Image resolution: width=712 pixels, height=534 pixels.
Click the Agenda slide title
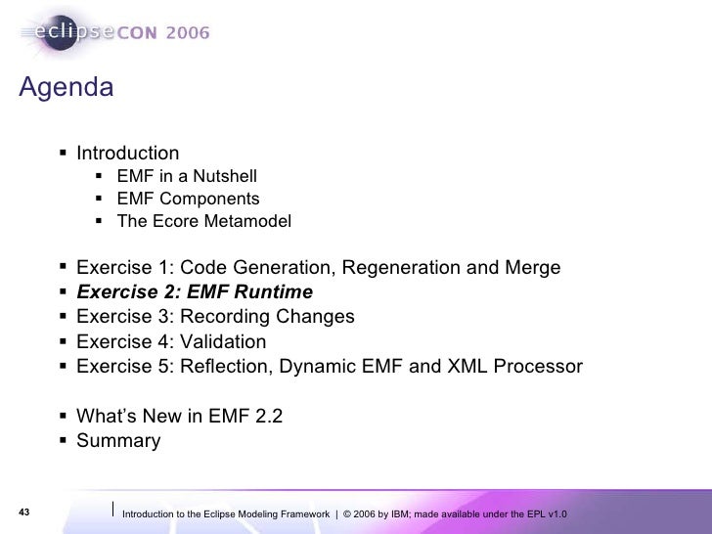click(66, 88)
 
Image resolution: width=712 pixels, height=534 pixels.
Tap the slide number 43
click(25, 513)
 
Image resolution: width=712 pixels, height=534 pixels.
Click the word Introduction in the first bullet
click(128, 154)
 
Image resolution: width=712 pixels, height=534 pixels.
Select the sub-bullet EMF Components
click(188, 200)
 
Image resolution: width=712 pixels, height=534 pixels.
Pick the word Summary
click(118, 440)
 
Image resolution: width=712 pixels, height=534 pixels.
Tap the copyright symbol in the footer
click(349, 514)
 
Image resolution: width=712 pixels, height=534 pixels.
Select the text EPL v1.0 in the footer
click(546, 514)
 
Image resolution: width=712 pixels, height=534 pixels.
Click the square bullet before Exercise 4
click(63, 342)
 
